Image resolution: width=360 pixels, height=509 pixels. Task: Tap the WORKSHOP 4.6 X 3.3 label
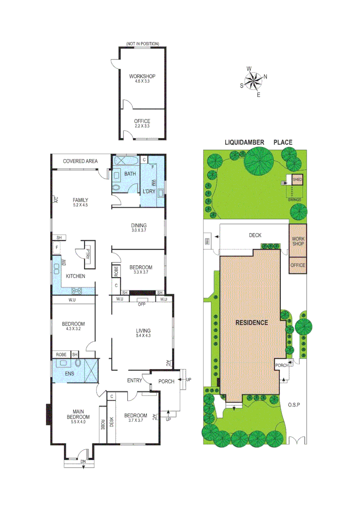point(142,79)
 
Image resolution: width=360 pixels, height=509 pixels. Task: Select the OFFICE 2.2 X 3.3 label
point(142,124)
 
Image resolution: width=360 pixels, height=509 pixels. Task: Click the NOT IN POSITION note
point(142,44)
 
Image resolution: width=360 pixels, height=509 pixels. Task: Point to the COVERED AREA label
point(81,161)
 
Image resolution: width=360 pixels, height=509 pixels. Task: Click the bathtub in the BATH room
point(126,161)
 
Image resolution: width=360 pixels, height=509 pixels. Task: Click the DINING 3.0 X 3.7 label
point(139,228)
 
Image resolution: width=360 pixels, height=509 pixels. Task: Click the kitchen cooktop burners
point(78,291)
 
